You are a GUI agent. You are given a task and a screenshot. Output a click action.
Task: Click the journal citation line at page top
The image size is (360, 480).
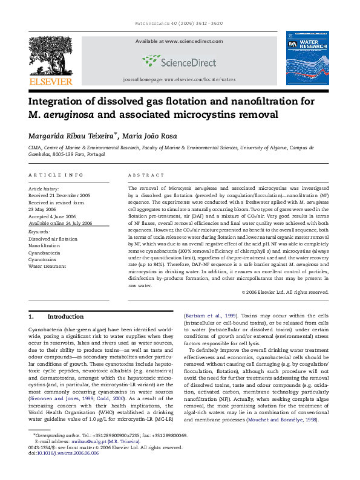(180, 25)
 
